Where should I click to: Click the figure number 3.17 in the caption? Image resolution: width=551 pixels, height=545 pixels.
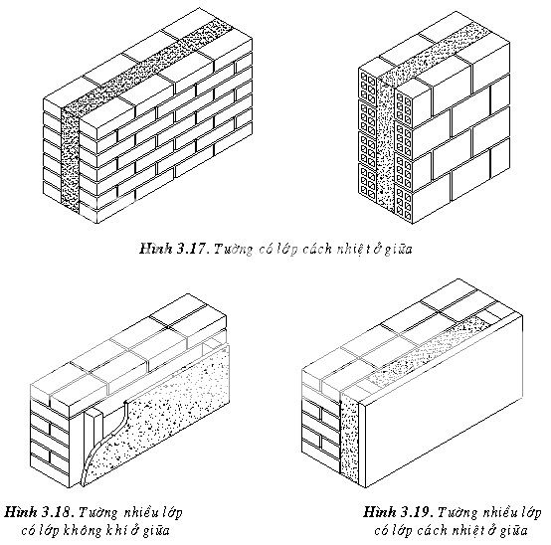tap(193, 249)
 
